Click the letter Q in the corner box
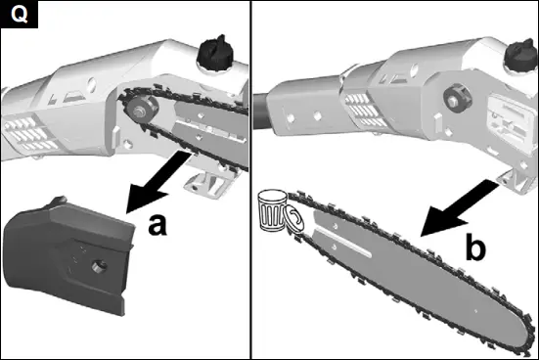tap(17, 17)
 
